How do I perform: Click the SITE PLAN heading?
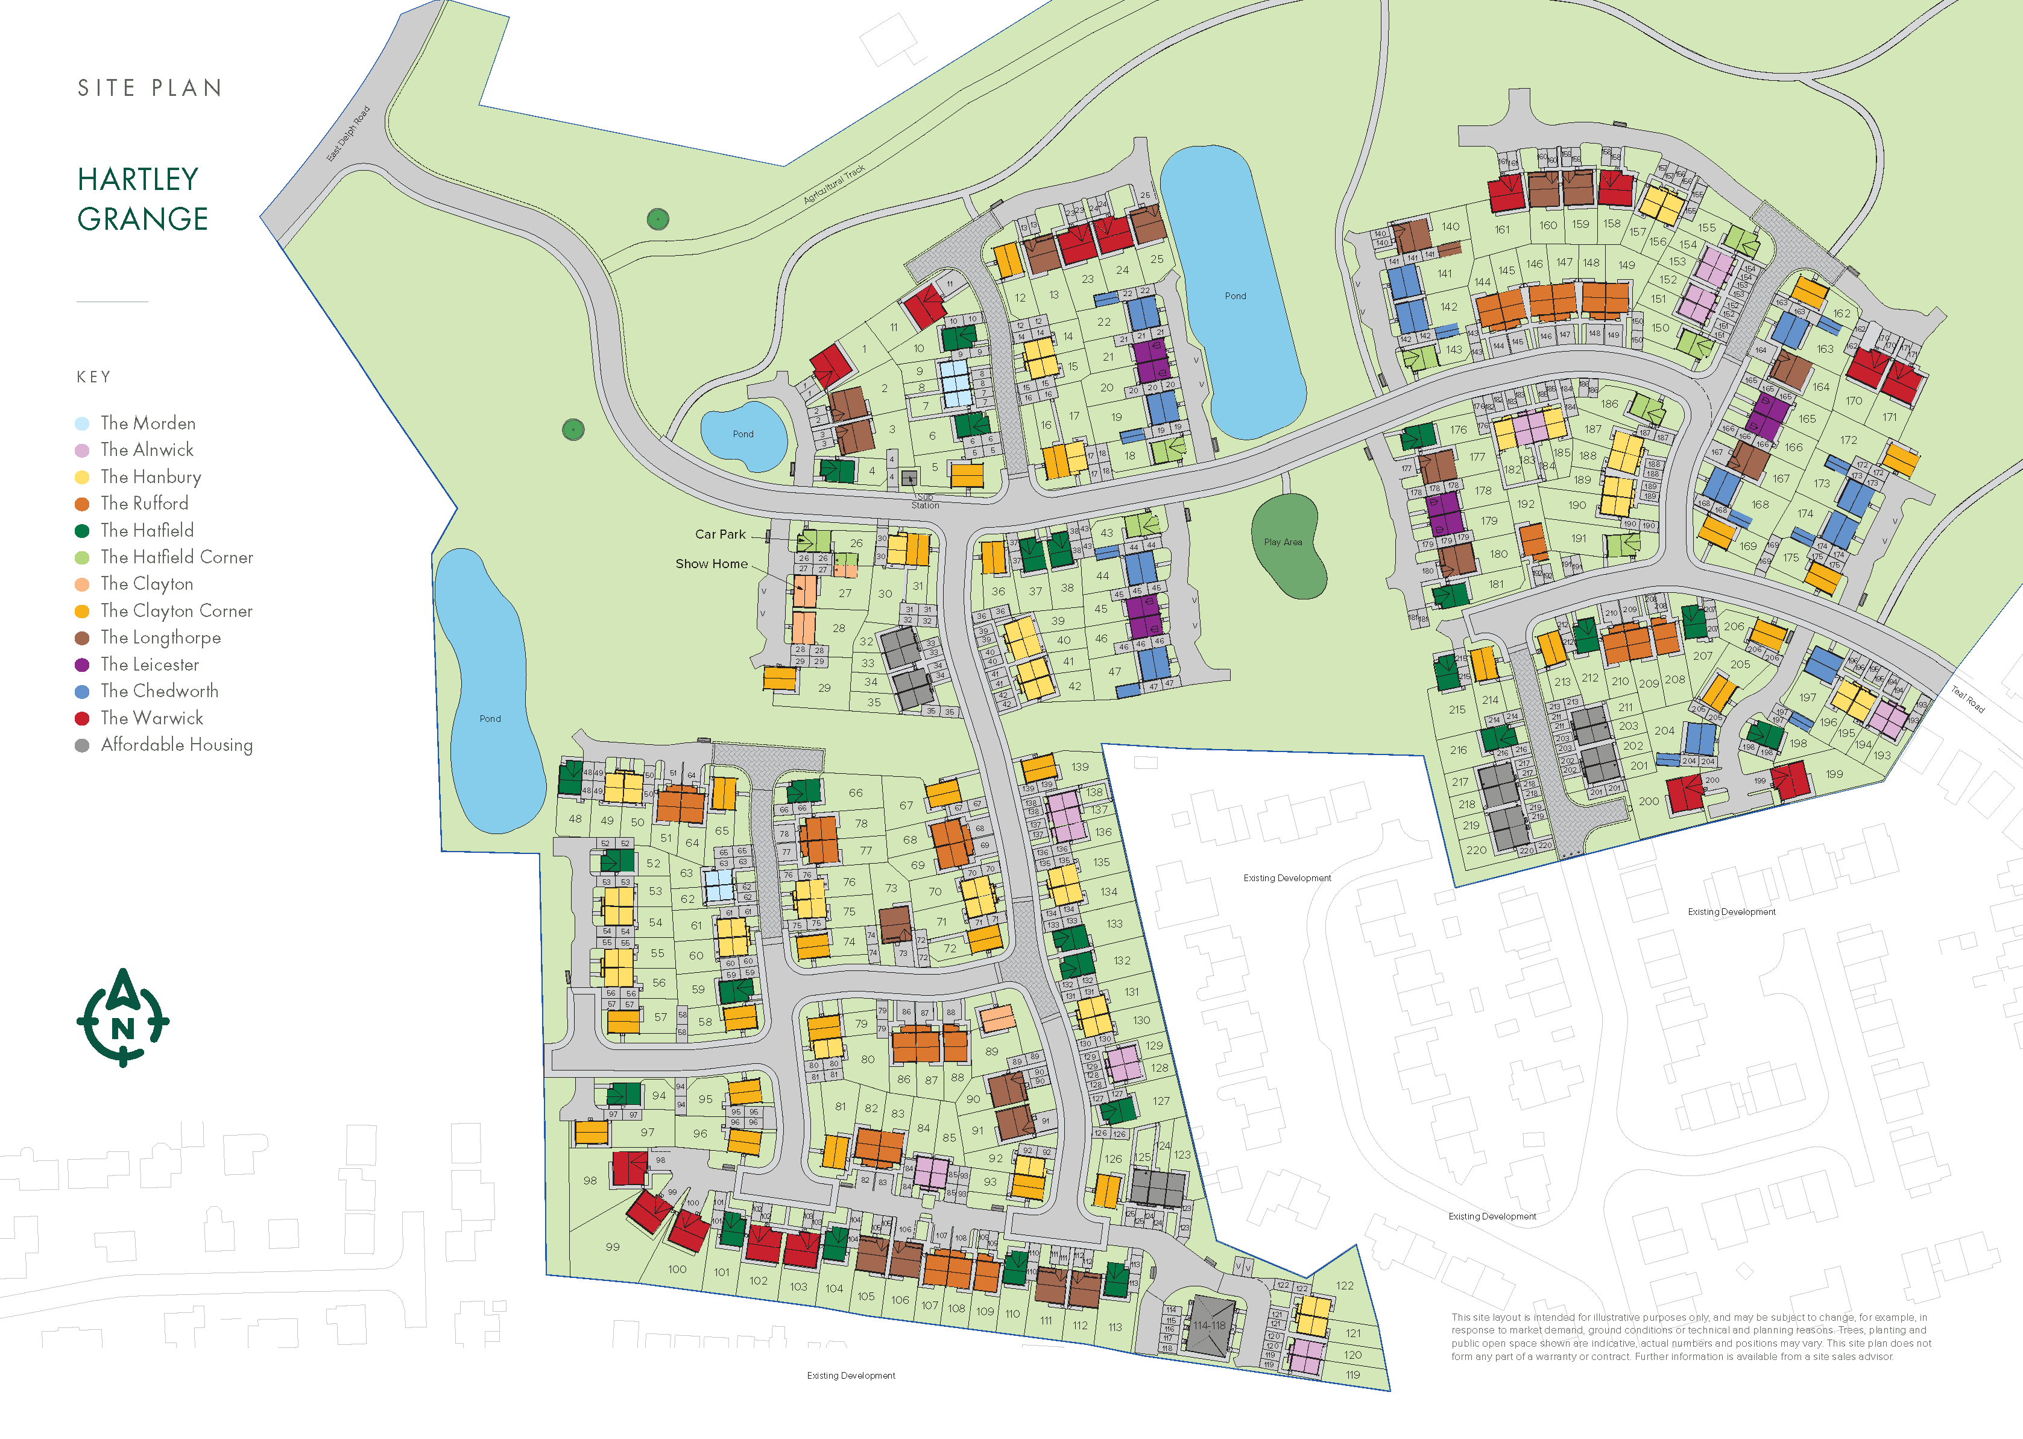tap(150, 87)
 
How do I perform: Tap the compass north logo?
tap(123, 1017)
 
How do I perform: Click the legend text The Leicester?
tap(149, 665)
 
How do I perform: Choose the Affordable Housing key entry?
tap(176, 745)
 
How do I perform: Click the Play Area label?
tap(1283, 542)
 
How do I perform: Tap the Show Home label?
tap(712, 563)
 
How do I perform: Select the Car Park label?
tap(720, 534)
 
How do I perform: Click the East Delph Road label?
tap(348, 134)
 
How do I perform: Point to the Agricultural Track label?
tap(833, 185)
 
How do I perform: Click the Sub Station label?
tap(925, 502)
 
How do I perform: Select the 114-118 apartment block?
tap(1209, 1326)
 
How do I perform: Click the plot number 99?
tap(612, 1247)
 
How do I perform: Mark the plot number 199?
tap(1834, 774)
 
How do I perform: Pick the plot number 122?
tap(1345, 1286)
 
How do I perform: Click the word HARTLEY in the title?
tap(138, 180)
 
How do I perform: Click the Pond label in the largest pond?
tap(1235, 296)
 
